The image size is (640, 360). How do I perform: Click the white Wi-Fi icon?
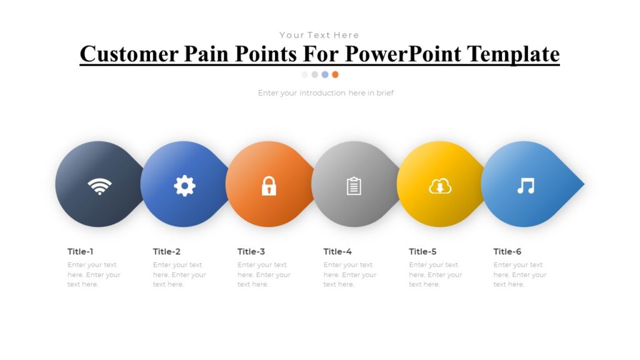(99, 186)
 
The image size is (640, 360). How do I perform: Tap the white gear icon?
(184, 186)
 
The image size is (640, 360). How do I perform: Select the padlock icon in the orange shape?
(269, 186)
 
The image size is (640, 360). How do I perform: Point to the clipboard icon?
(354, 186)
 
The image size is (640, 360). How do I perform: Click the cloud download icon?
(440, 186)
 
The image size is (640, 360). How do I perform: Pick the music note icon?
(526, 186)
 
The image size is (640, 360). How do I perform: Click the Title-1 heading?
(81, 252)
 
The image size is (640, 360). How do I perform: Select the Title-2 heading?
(167, 252)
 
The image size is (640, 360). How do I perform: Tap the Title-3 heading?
(251, 252)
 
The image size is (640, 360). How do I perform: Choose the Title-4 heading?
(337, 252)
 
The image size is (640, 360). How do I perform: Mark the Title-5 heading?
(422, 252)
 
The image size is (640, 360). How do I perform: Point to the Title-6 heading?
(507, 252)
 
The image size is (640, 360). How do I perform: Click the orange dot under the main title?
(335, 74)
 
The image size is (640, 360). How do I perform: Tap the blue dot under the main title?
(325, 74)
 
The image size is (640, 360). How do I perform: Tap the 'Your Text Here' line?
(319, 35)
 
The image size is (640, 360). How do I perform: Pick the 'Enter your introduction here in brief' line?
(326, 93)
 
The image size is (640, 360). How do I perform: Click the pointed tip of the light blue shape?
(582, 184)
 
